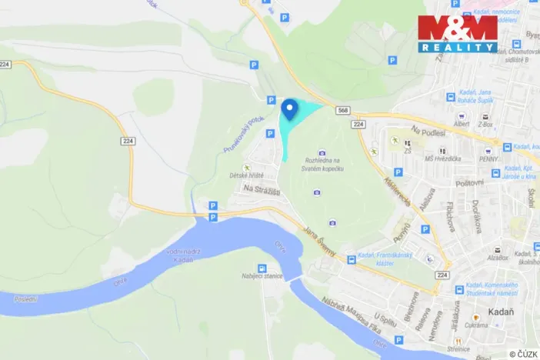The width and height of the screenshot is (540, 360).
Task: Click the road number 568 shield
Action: pyautogui.click(x=342, y=111)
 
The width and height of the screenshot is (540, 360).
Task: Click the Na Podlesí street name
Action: pyautogui.click(x=428, y=132)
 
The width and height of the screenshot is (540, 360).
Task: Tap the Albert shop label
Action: pyautogui.click(x=462, y=123)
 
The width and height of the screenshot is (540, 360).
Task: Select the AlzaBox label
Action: pyautogui.click(x=497, y=258)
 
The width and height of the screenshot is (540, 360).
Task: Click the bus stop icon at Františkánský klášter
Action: pyautogui.click(x=351, y=260)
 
